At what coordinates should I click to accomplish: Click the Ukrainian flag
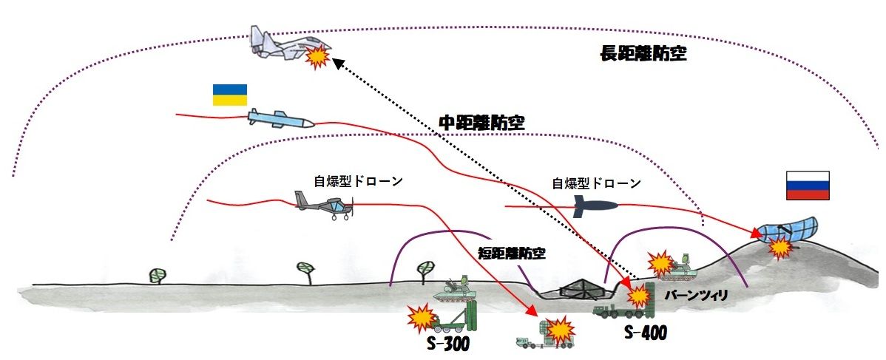click(229, 94)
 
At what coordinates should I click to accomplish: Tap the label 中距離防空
click(481, 122)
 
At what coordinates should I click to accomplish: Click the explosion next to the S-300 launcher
click(422, 318)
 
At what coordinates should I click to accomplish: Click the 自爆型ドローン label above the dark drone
click(597, 183)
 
